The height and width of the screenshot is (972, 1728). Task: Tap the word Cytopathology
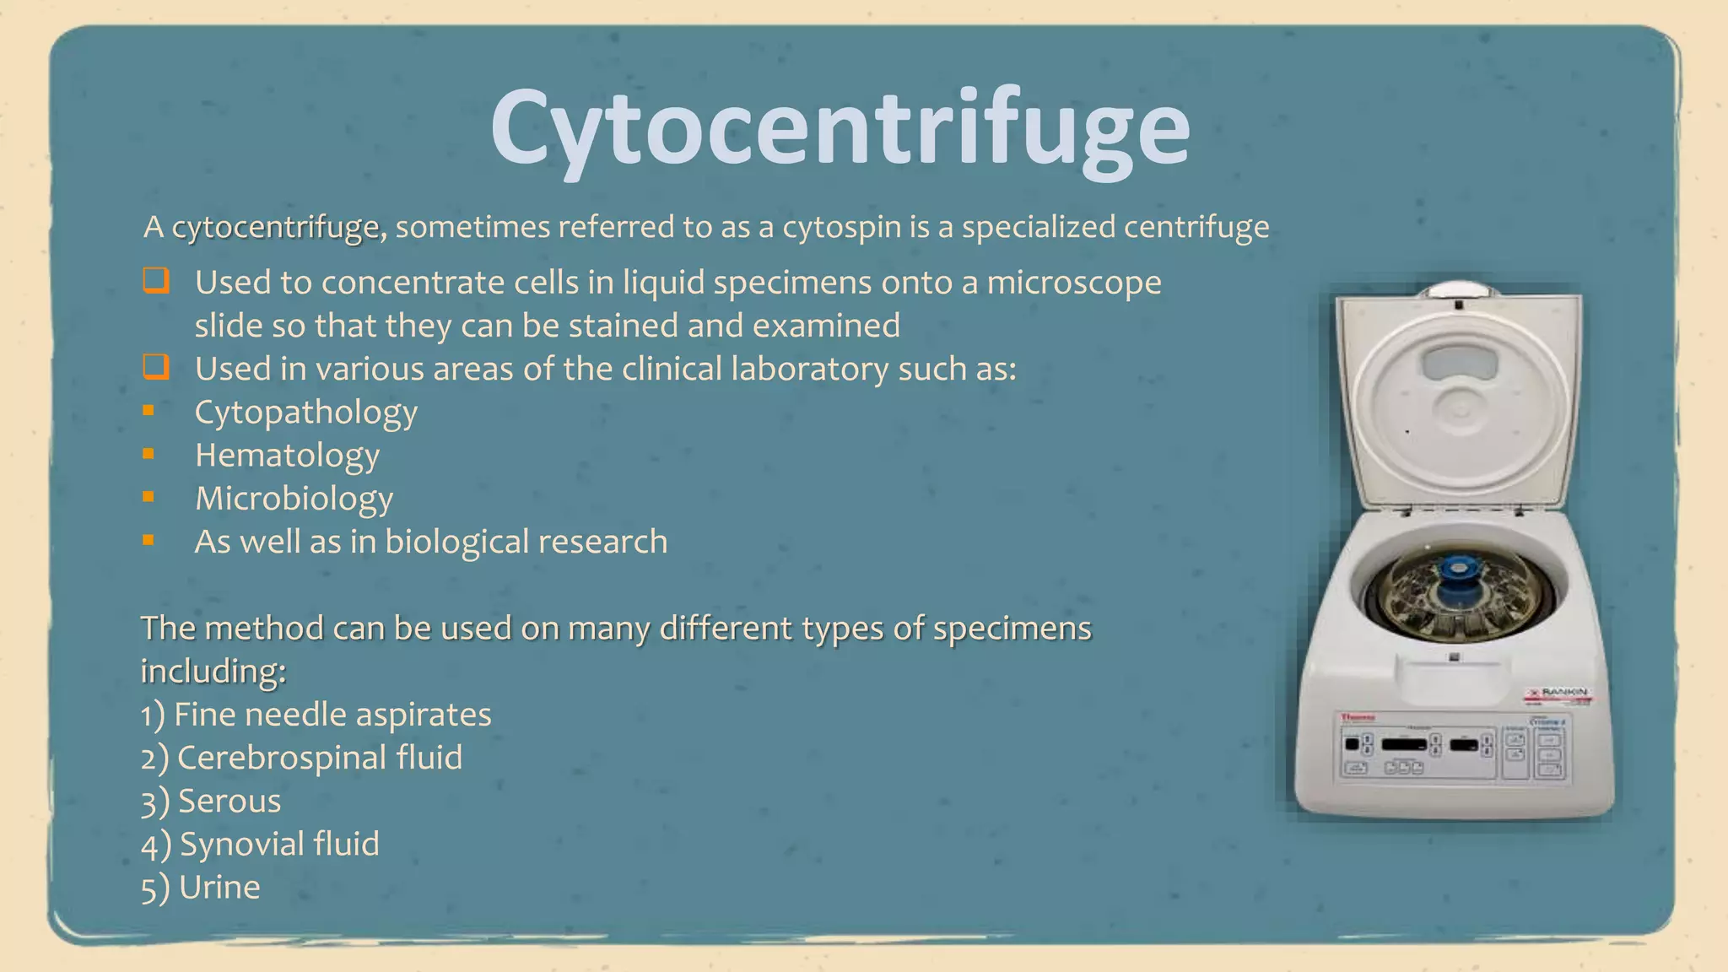coord(305,413)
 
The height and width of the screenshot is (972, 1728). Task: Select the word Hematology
coord(287,456)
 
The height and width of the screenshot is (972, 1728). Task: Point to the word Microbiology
coord(294,499)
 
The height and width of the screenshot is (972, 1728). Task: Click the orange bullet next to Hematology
coord(148,454)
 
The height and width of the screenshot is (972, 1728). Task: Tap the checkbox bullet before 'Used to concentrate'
coord(156,280)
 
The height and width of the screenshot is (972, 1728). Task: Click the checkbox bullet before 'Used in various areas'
coord(156,367)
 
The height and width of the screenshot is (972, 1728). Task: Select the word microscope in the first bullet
coord(1073,283)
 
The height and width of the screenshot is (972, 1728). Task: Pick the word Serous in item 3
coord(229,801)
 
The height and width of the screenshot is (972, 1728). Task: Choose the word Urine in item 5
coord(219,887)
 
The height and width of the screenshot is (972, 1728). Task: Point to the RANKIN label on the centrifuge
coord(1562,693)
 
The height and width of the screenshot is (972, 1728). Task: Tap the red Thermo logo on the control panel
coord(1358,717)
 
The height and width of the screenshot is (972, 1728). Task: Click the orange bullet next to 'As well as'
coord(148,540)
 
